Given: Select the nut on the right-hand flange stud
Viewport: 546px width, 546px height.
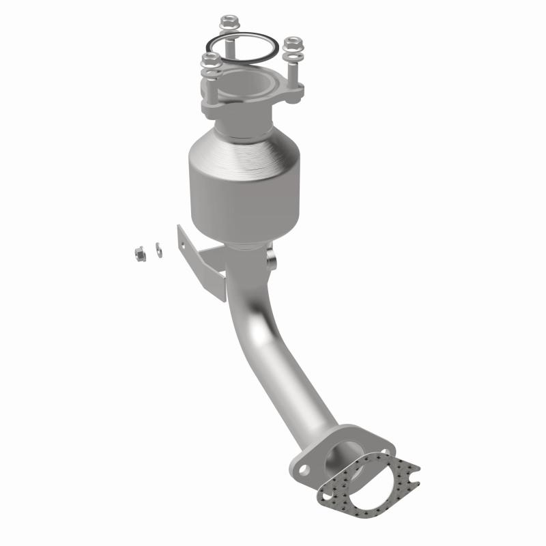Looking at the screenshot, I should pos(292,44).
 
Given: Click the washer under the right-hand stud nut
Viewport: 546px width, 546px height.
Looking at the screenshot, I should pos(292,53).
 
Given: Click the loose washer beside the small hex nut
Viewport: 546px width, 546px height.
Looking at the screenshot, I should pos(159,250).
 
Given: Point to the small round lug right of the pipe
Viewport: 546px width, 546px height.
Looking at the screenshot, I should pos(273,261).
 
